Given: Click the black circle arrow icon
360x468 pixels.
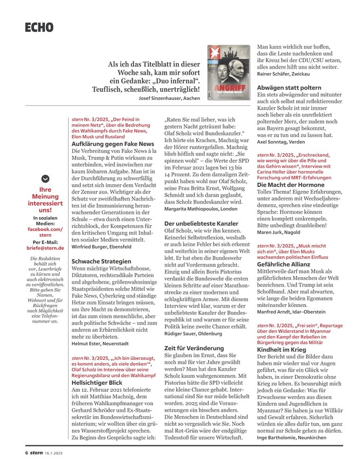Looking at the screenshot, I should click(x=46, y=179).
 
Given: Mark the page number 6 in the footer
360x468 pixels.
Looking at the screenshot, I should click(x=26, y=453).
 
